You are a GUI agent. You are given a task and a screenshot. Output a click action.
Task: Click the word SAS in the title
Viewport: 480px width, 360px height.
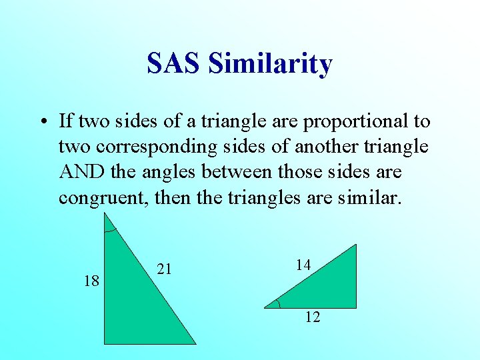coord(174,63)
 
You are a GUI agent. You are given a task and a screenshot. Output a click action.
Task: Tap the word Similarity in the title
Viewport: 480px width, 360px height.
coord(270,63)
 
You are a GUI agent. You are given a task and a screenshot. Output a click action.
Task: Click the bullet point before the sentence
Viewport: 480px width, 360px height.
coord(43,122)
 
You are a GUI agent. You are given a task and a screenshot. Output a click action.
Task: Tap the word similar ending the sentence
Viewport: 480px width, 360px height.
coord(367,198)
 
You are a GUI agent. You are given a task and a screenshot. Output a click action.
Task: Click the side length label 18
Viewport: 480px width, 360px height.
coord(91,281)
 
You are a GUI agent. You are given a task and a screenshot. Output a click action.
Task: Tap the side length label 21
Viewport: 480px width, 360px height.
coord(165,269)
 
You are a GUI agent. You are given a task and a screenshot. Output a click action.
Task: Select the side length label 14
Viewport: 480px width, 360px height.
coord(303,265)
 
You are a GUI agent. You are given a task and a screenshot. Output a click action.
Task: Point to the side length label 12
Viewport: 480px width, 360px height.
coord(312,317)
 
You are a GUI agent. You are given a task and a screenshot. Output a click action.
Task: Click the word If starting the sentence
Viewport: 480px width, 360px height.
coord(65,121)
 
